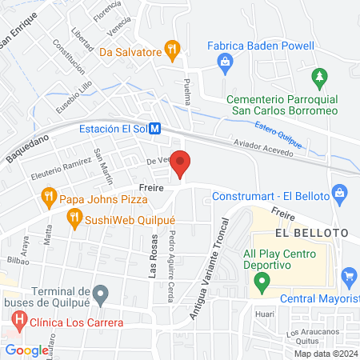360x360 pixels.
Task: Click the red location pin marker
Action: pyautogui.click(x=181, y=164)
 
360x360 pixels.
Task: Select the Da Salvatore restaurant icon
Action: pyautogui.click(x=171, y=50)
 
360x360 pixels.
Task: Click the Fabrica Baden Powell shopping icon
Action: pyautogui.click(x=226, y=61)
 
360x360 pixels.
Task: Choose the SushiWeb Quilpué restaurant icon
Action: pyautogui.click(x=74, y=216)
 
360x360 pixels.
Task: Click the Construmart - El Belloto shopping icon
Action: pyautogui.click(x=340, y=193)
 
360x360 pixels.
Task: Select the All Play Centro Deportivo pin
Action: pyautogui.click(x=261, y=282)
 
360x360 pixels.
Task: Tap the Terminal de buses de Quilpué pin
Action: pyautogui.click(x=100, y=295)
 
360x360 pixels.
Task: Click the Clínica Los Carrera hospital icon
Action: pyautogui.click(x=19, y=322)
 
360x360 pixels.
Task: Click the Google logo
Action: pyautogui.click(x=26, y=350)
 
